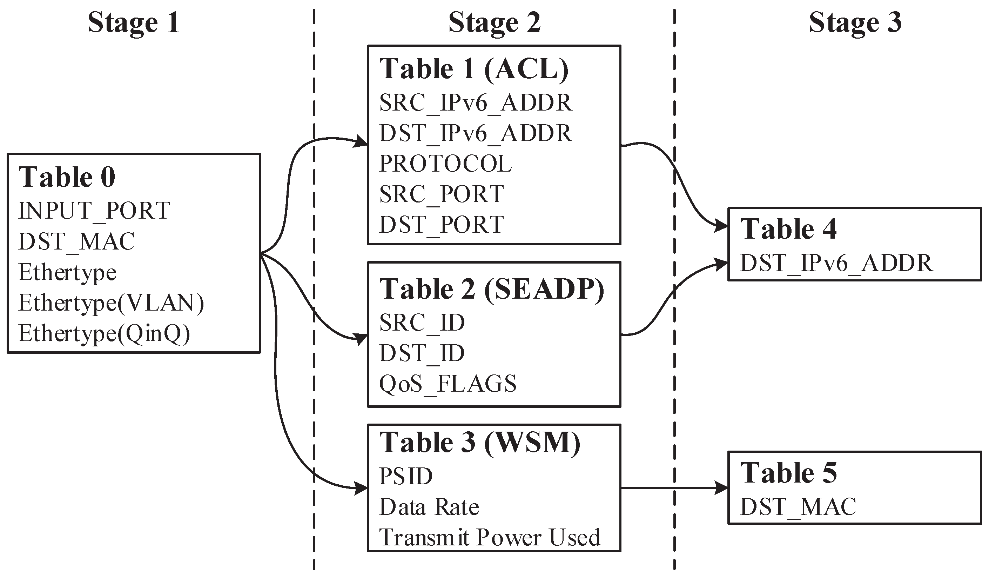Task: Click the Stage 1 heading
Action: tap(133, 23)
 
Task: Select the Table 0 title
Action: tap(67, 178)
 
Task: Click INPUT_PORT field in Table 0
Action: tap(94, 211)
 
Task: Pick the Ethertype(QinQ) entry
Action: tap(105, 334)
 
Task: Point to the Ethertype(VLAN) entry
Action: tap(112, 303)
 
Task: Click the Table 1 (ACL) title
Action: tap(474, 69)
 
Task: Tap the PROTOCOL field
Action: tap(445, 164)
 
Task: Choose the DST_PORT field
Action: tap(442, 225)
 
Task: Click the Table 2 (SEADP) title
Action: tap(491, 290)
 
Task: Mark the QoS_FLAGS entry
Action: tap(448, 384)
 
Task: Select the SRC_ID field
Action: tap(422, 323)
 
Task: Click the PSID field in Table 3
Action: tap(406, 476)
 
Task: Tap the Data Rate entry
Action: tap(429, 507)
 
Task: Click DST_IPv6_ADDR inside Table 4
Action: tap(836, 263)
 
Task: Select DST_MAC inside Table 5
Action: tap(798, 507)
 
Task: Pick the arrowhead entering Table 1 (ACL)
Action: tap(360, 142)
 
